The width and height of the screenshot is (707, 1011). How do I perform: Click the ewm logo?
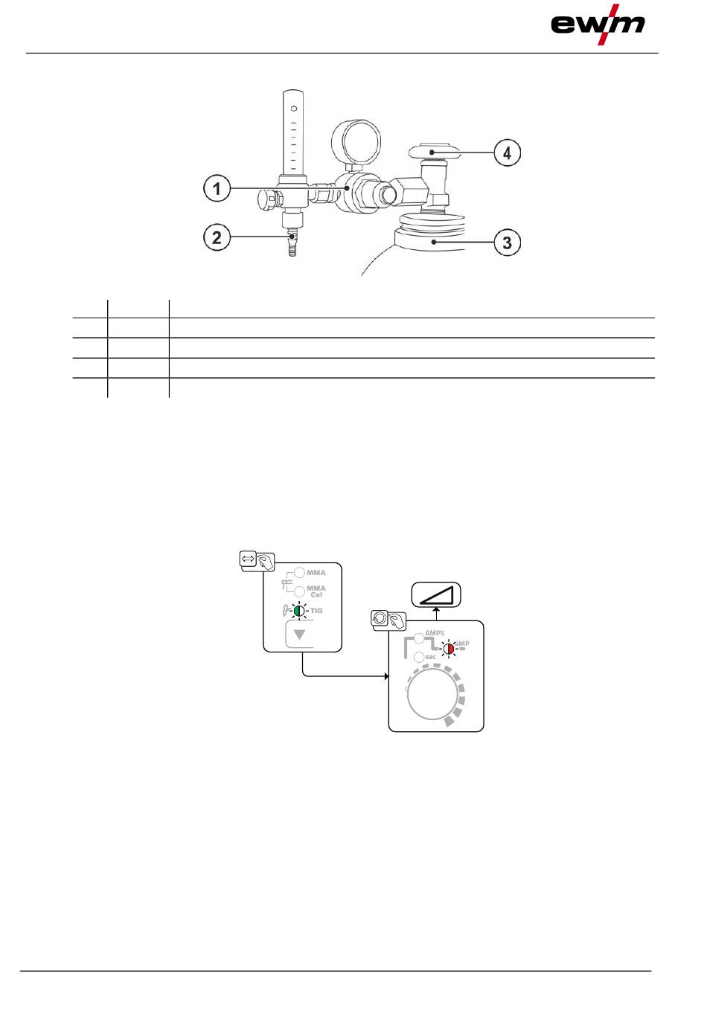(598, 25)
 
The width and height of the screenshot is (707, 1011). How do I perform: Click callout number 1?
(217, 189)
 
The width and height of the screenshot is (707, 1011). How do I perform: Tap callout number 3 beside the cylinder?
(508, 243)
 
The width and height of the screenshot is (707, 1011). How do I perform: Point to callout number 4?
(508, 153)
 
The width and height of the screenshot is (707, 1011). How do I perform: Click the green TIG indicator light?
(298, 611)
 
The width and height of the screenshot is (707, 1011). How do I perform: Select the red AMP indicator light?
(448, 648)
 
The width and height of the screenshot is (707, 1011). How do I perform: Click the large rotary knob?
(432, 697)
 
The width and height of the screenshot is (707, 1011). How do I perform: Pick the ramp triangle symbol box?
(437, 595)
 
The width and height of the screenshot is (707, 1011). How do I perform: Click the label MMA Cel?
(316, 591)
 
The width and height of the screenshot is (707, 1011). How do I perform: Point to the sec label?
(430, 657)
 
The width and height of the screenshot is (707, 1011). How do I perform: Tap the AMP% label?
(435, 633)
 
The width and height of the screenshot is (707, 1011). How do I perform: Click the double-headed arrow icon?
(249, 557)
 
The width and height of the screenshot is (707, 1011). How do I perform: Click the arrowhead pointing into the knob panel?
(386, 676)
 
